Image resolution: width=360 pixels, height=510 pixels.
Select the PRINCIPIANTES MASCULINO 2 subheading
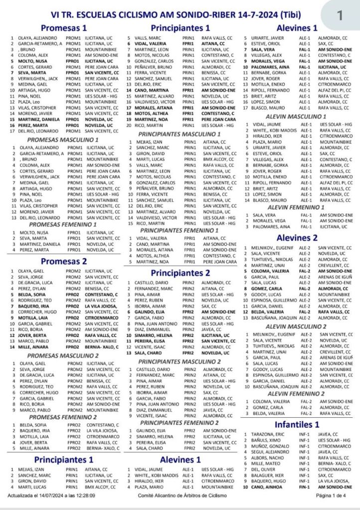pyautogui.click(x=179, y=361)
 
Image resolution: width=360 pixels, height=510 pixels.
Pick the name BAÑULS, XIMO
pyautogui.click(x=270, y=441)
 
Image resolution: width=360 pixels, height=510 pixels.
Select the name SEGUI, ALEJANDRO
pyautogui.click(x=275, y=452)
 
